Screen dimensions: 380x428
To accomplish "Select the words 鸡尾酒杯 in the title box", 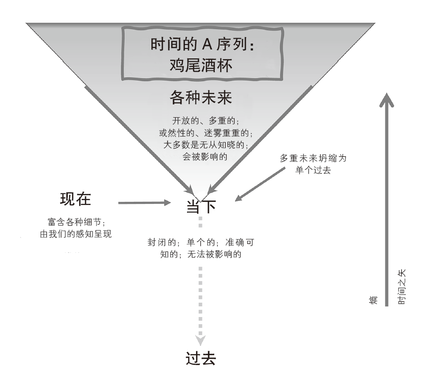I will tap(200, 66).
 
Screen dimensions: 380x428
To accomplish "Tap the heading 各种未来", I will tap(200, 97).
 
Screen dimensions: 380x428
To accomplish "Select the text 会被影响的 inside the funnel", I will tap(200, 156).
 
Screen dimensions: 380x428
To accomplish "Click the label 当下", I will tap(201, 206).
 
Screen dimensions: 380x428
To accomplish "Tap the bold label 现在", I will tap(76, 200).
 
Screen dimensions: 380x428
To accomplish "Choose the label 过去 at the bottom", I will tap(200, 359).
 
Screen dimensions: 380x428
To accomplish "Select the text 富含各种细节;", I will tap(76, 222).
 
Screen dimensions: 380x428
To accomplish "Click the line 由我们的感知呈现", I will tap(76, 234).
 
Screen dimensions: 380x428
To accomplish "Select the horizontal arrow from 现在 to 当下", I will tap(143, 202).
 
